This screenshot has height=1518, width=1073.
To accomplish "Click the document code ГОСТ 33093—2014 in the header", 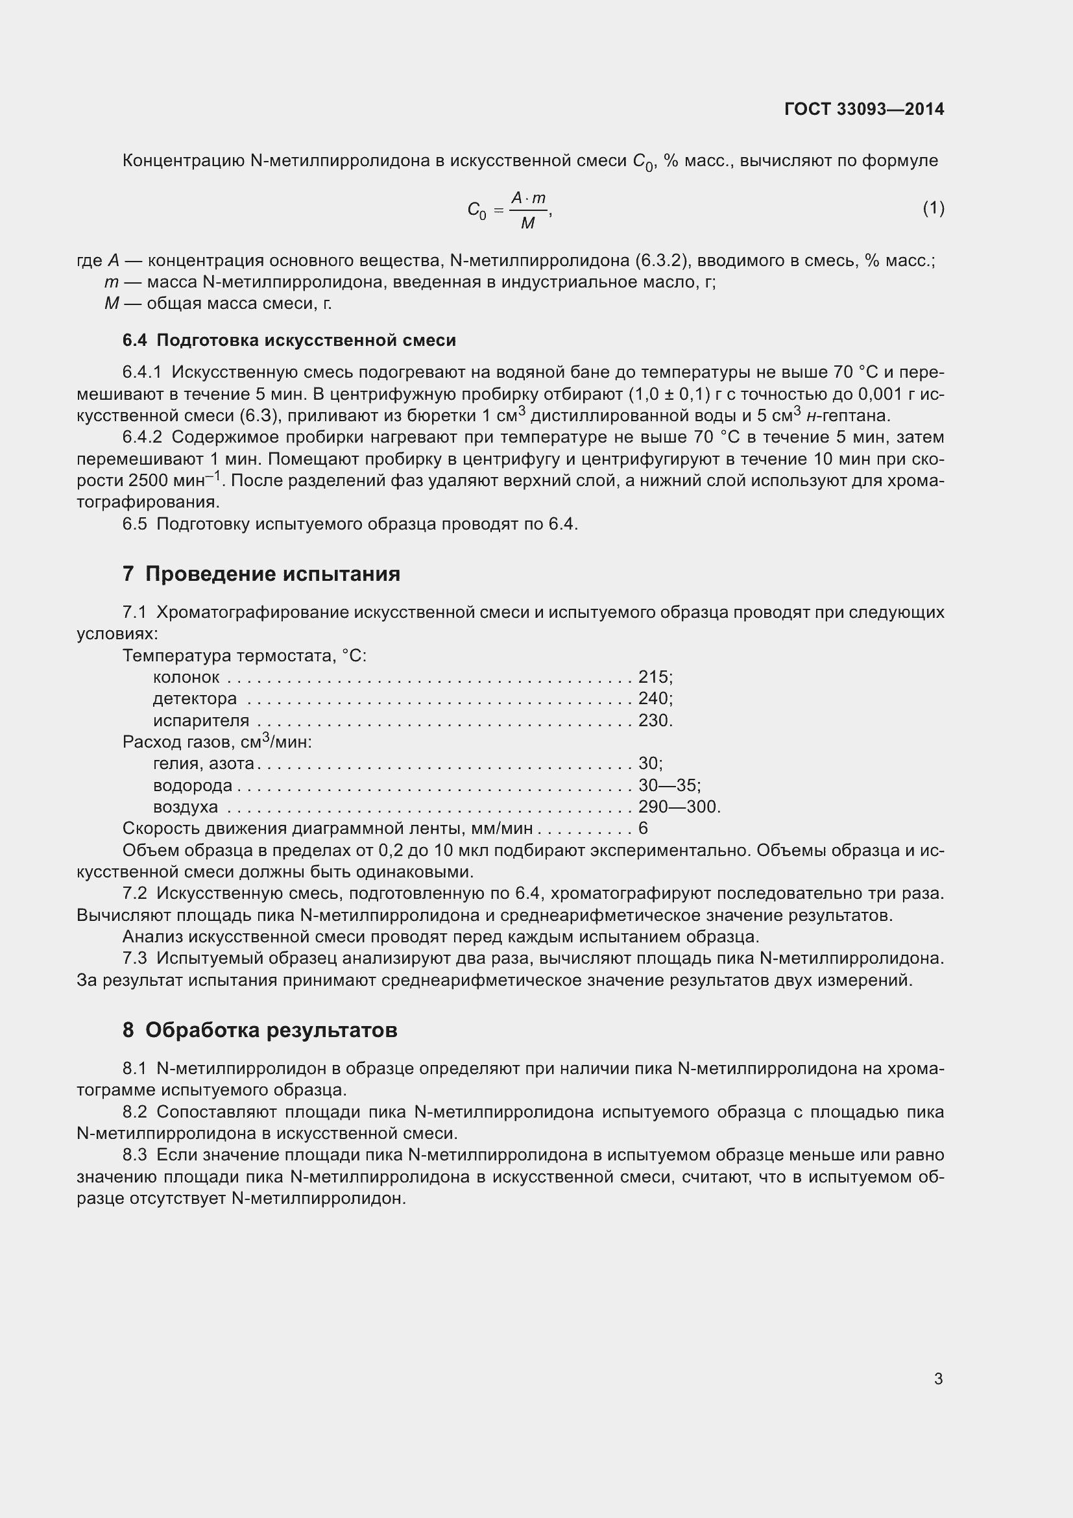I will click(864, 109).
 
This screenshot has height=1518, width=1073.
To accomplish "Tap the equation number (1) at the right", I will click(933, 208).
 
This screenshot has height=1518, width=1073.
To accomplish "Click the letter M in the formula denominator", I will click(527, 224).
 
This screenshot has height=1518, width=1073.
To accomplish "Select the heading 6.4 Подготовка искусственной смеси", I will click(289, 341).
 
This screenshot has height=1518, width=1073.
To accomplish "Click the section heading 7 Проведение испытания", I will click(261, 573).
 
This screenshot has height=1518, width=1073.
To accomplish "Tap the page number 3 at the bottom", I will click(938, 1379).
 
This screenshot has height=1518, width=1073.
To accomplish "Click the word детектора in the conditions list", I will click(195, 699).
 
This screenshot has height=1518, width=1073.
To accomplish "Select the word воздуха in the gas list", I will click(186, 807).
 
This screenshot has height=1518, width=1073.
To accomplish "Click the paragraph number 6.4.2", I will click(142, 437).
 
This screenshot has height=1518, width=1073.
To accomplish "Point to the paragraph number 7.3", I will click(135, 958).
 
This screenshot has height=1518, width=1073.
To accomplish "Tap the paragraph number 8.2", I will click(135, 1112).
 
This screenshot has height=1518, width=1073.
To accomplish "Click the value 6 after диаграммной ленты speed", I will click(643, 828).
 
